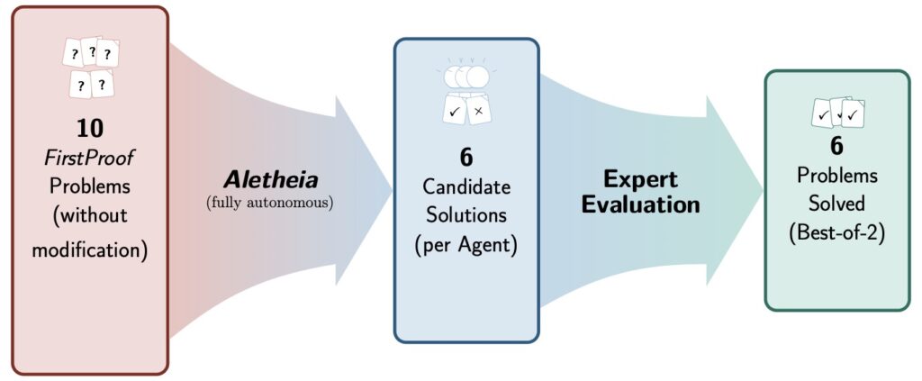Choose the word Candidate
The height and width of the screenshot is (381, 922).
pos(466,187)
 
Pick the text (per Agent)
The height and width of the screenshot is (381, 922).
pos(466,245)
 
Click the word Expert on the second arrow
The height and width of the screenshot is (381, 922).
pos(640,178)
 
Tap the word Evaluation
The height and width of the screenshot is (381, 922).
pos(640,204)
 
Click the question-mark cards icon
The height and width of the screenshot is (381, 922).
pos(90,68)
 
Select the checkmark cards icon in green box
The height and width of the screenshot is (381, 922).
pos(837,113)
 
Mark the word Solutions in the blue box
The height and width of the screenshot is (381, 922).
pos(466,216)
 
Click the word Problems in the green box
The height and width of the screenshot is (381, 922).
pos(836,169)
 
